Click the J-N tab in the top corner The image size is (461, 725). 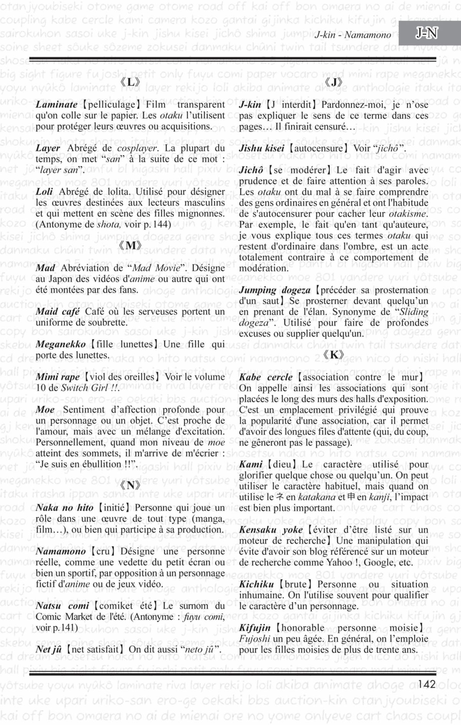click(x=427, y=34)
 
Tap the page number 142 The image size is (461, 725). click(x=427, y=685)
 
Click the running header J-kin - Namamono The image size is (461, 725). click(x=352, y=35)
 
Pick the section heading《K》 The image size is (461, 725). click(x=333, y=355)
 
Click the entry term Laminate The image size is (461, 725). click(x=56, y=105)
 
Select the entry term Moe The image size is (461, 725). click(x=45, y=410)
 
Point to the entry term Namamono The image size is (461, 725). click(x=61, y=552)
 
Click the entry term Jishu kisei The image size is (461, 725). click(x=262, y=148)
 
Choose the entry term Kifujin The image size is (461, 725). click(x=255, y=628)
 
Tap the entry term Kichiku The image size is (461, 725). click(x=256, y=584)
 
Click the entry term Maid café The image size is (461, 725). click(x=58, y=311)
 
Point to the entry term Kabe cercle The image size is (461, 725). click(x=265, y=377)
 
